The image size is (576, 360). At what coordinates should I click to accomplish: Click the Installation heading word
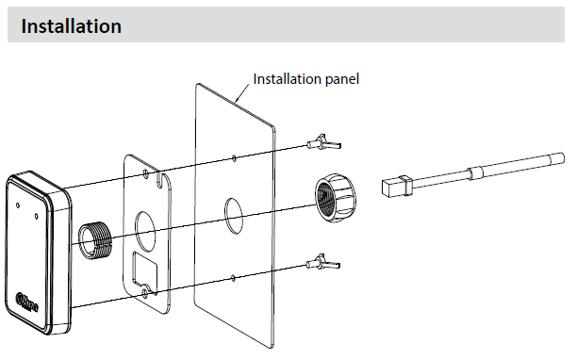72,26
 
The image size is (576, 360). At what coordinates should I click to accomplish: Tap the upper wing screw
324,142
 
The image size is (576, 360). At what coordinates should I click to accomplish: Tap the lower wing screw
323,262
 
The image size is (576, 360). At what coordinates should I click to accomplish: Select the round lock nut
335,198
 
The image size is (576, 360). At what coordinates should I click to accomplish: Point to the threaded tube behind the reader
94,240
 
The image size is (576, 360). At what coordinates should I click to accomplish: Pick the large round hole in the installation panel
234,215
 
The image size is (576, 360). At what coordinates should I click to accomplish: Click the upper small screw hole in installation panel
234,158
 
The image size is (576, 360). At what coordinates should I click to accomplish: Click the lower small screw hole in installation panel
233,278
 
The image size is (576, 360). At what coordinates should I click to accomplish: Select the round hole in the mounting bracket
146,232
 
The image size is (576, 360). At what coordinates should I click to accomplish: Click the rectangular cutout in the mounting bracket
145,270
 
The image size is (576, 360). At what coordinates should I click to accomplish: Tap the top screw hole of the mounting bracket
146,173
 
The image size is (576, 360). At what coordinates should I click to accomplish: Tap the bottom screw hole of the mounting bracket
146,292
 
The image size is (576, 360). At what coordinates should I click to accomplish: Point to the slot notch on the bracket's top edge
158,178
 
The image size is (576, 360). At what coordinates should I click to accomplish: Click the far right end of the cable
561,158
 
